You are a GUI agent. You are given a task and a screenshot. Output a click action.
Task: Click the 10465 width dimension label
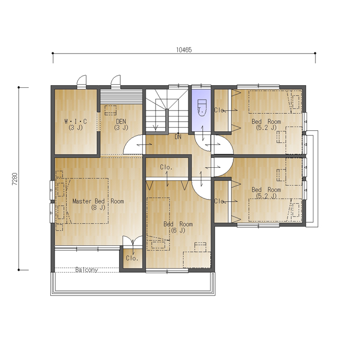(x=184, y=50)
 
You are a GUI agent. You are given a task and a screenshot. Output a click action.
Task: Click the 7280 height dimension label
(x=15, y=179)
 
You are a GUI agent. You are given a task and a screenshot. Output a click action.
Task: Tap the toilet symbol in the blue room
(x=202, y=107)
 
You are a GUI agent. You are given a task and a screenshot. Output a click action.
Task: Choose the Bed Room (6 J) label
(x=178, y=227)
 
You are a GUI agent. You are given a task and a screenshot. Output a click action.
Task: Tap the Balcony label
(x=86, y=270)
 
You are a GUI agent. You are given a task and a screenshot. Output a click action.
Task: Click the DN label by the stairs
(x=178, y=137)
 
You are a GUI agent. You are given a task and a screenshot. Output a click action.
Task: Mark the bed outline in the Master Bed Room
(x=87, y=201)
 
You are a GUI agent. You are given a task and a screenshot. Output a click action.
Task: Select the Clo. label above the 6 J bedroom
(x=166, y=167)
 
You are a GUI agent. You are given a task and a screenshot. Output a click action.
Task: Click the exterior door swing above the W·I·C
(x=82, y=81)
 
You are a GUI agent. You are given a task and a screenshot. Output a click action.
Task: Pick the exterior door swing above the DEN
(x=116, y=81)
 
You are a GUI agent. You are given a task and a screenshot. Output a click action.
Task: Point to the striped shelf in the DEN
(x=121, y=97)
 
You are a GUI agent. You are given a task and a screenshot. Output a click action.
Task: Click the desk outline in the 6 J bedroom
(x=197, y=259)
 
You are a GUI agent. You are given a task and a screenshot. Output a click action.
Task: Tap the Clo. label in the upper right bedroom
(x=220, y=110)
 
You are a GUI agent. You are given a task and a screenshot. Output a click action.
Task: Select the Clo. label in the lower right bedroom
(x=220, y=201)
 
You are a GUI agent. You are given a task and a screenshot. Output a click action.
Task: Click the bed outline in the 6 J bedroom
(x=158, y=224)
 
